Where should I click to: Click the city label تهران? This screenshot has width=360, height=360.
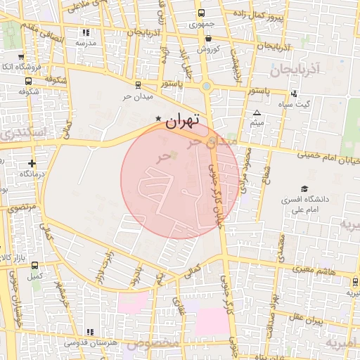182,121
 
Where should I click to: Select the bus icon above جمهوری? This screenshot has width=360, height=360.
202,13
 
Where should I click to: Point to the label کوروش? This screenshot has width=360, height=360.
208,49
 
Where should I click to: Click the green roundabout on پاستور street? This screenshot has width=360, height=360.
207,87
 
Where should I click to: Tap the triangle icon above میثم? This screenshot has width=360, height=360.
257,113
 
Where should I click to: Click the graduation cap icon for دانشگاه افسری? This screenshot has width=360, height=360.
304,188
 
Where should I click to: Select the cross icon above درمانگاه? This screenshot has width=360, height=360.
32,163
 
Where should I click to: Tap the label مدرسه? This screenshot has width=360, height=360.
85,43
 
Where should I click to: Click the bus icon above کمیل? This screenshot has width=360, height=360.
35,266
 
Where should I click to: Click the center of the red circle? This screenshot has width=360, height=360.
179,180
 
